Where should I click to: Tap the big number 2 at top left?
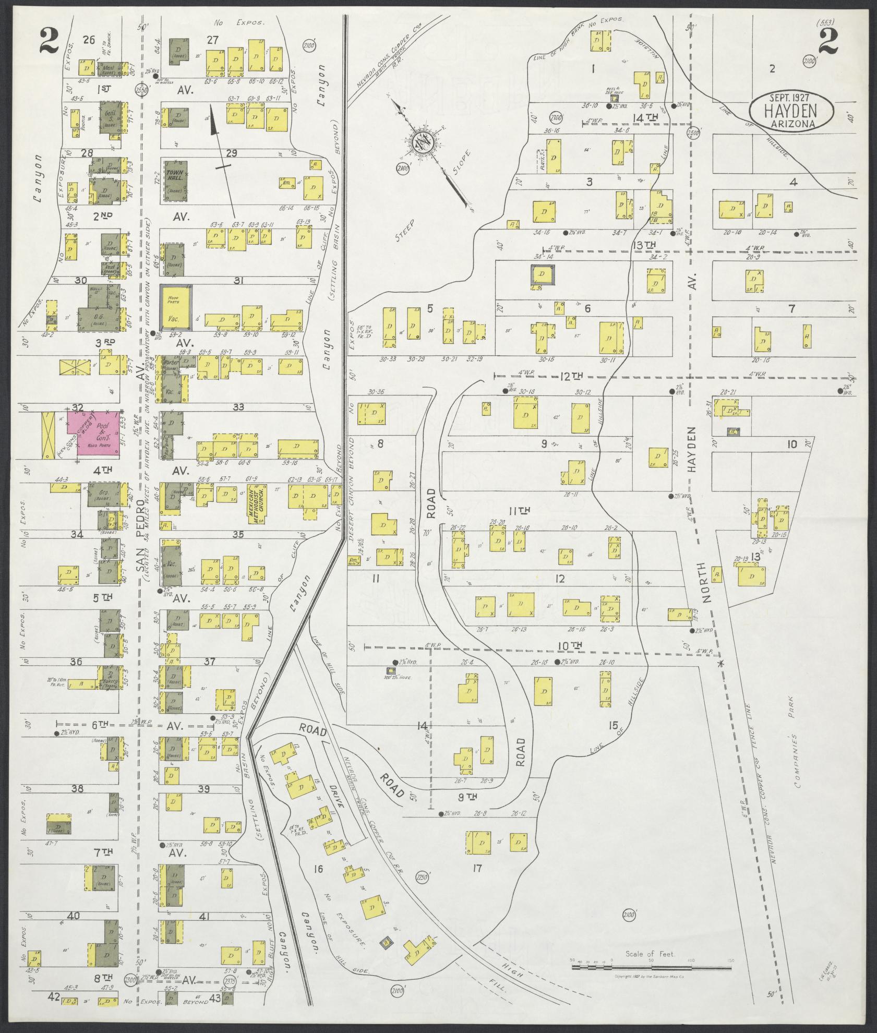49,41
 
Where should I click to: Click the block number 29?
231,152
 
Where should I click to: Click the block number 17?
476,869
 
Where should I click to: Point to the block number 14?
422,726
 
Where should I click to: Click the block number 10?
792,444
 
